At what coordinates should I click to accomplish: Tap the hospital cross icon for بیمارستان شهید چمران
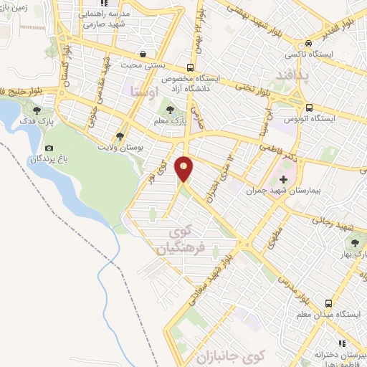point(283,178)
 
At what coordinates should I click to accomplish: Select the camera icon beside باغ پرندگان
point(49,148)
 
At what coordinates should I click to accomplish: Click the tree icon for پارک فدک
point(37,110)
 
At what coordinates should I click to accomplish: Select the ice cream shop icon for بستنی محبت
point(144,54)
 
